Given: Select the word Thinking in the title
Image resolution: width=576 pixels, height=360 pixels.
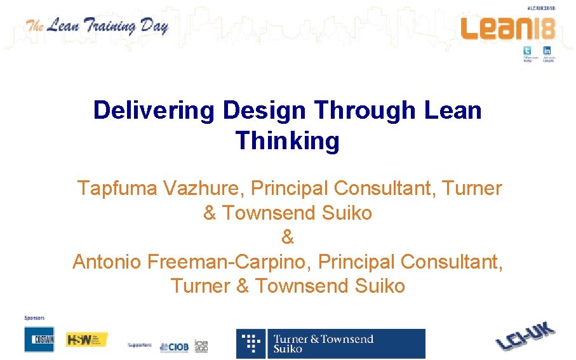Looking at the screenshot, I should (288, 140).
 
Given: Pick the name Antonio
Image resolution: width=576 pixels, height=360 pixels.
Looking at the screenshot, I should (107, 262).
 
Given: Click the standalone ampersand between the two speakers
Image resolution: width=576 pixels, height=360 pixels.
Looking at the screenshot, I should (288, 237).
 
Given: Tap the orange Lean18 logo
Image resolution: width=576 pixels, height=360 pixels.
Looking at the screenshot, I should (507, 28).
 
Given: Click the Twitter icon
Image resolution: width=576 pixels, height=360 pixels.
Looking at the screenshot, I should (526, 51).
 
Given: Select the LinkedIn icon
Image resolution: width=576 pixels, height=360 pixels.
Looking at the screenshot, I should (547, 51).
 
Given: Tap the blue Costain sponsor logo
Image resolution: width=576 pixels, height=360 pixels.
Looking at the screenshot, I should (39, 339).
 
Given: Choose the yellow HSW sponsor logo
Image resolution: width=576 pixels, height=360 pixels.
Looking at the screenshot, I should (87, 339).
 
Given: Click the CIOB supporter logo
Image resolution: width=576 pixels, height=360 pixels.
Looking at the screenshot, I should (173, 346).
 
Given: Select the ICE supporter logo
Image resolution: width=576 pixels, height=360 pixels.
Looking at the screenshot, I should (201, 345).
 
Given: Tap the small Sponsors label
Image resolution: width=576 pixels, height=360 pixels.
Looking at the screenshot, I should (34, 317).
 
